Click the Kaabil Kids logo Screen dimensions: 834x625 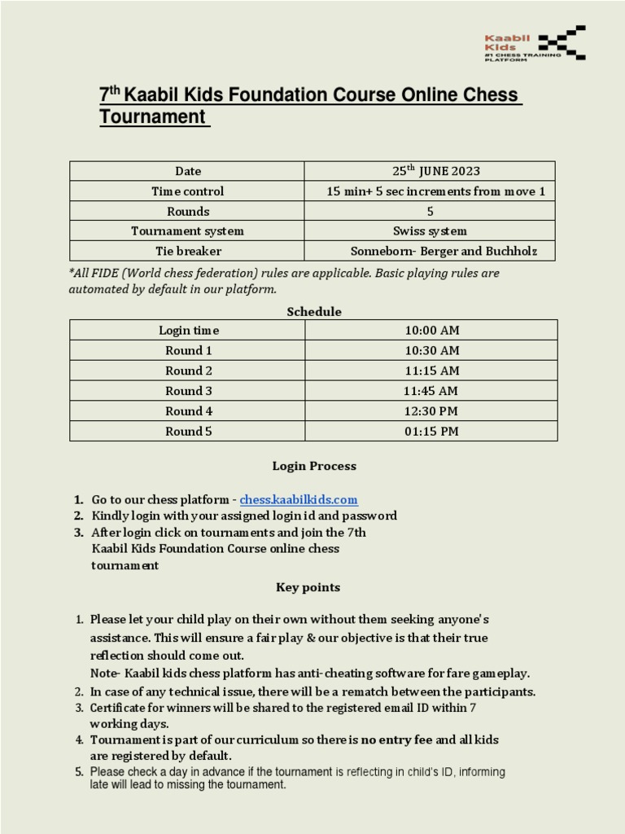click(x=534, y=43)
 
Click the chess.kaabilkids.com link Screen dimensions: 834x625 click(x=299, y=499)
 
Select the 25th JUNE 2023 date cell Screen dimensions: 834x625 click(x=431, y=171)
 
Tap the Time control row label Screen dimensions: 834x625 click(x=187, y=191)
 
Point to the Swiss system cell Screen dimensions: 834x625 click(x=430, y=231)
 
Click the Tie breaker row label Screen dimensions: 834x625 click(x=188, y=251)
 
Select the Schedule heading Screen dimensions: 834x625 click(x=313, y=312)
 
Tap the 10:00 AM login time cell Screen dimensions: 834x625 click(x=431, y=330)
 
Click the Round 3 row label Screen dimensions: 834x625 click(x=189, y=391)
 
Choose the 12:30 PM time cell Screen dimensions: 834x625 click(x=431, y=411)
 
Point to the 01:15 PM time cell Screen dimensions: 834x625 click(x=431, y=432)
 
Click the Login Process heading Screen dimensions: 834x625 click(x=313, y=467)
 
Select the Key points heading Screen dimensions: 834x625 click(x=308, y=587)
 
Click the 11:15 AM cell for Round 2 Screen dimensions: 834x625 click(x=431, y=371)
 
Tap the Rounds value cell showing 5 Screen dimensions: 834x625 click(x=430, y=212)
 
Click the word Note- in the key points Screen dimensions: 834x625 click(x=106, y=674)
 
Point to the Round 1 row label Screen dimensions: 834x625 click(x=189, y=350)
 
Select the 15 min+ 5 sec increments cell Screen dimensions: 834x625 click(x=435, y=191)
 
